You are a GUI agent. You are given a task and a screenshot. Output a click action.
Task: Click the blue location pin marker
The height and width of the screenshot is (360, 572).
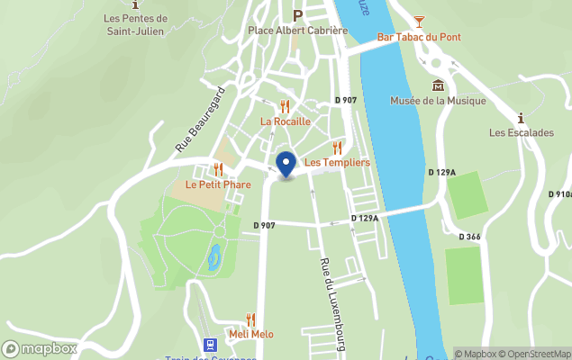click(286, 165)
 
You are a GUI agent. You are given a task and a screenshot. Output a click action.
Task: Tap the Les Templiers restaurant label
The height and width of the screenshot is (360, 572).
click(336, 162)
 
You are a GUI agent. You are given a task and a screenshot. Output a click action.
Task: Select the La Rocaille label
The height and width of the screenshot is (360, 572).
click(285, 121)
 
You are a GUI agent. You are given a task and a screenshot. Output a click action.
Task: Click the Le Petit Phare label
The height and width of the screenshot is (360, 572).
click(218, 184)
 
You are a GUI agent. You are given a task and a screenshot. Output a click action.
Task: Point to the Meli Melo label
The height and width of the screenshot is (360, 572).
click(250, 334)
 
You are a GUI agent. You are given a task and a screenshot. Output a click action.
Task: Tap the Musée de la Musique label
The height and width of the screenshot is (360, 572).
click(438, 101)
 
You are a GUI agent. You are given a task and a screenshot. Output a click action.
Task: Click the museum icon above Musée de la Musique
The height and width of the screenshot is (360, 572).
click(438, 85)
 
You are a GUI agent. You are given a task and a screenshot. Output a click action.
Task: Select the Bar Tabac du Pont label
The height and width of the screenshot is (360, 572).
click(419, 37)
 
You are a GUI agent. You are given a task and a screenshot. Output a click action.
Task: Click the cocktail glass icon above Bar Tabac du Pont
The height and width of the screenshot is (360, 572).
click(419, 21)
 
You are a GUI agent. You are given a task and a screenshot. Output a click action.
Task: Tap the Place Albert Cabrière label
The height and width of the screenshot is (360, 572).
click(297, 30)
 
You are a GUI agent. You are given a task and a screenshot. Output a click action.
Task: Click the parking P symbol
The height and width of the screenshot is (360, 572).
click(296, 14)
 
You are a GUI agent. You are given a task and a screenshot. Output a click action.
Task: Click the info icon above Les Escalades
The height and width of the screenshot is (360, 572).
click(521, 117)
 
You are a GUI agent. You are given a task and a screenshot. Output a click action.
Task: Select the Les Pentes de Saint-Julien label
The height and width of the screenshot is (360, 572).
click(135, 24)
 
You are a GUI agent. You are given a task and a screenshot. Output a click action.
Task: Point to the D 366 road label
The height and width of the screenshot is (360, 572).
click(469, 237)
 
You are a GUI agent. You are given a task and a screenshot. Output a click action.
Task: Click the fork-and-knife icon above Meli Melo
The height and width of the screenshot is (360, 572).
click(250, 319)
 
